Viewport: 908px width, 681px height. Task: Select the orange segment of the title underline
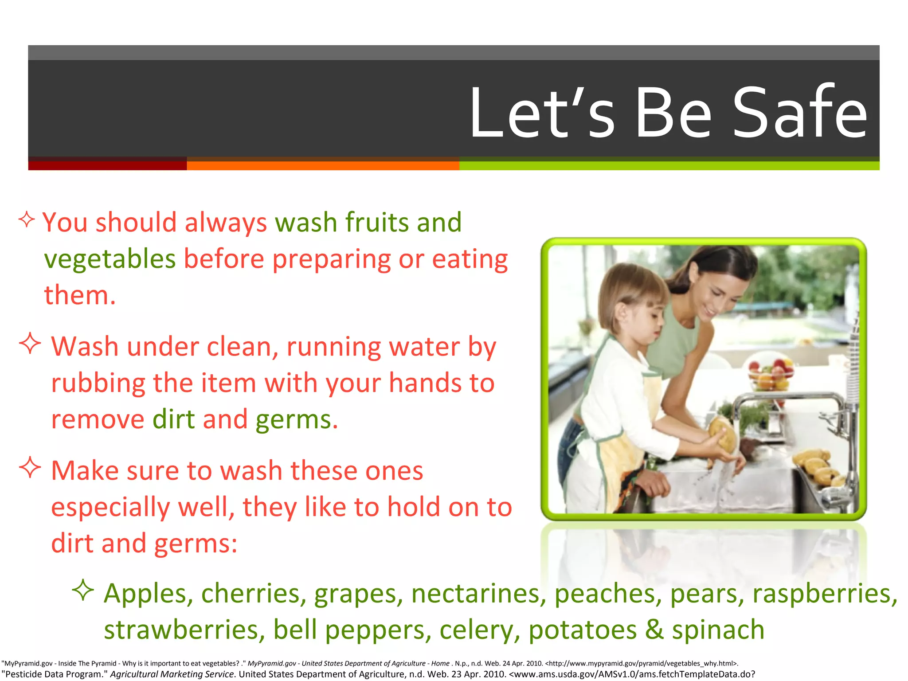tap(323, 165)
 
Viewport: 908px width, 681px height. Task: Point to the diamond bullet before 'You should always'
tap(27, 219)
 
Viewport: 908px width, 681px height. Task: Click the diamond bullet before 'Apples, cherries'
tap(83, 590)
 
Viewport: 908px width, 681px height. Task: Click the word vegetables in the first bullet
tap(110, 259)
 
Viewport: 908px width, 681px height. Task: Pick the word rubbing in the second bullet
tap(98, 383)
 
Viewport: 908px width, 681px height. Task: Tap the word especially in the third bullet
tap(110, 507)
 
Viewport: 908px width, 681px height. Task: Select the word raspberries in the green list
tap(825, 593)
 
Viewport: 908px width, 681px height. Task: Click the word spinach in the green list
tap(718, 630)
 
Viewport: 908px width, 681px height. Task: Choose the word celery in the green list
tap(479, 630)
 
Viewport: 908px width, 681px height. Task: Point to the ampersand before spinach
tap(654, 629)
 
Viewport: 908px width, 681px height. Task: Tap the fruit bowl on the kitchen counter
tap(771, 375)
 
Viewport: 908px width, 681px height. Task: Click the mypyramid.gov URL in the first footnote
tap(641, 663)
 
